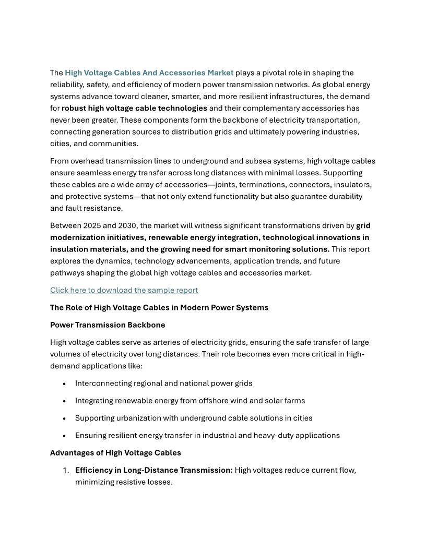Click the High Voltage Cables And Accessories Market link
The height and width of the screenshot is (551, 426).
(x=149, y=73)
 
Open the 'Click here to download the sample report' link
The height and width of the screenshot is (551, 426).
(x=124, y=290)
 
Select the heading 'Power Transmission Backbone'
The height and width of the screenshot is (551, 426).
(x=108, y=325)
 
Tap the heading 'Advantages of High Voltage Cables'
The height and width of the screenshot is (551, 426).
(x=115, y=452)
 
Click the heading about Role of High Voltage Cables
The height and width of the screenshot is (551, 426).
(x=159, y=307)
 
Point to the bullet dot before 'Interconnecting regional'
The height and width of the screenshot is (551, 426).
(x=64, y=384)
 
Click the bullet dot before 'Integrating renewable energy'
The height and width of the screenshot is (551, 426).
(x=64, y=401)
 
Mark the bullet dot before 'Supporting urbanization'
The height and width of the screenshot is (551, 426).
(x=64, y=418)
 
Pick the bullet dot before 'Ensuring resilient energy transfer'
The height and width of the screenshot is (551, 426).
(x=64, y=436)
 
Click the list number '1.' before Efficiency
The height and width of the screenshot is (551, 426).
(x=66, y=470)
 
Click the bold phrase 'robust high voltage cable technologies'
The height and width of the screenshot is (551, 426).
(x=134, y=109)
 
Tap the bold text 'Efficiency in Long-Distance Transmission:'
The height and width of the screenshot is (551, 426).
(x=154, y=470)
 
